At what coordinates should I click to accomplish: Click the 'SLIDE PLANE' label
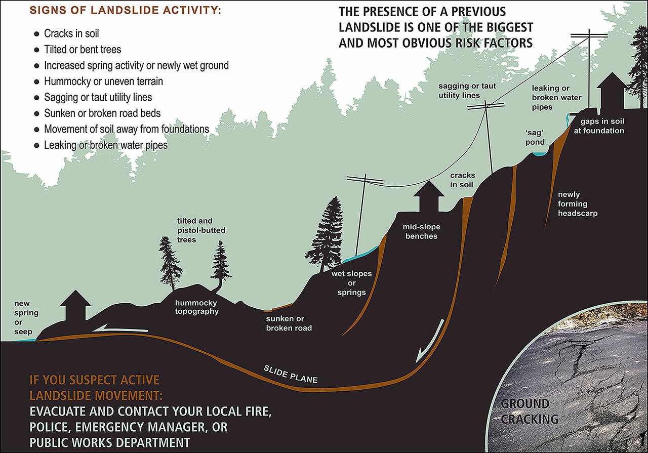[291, 374]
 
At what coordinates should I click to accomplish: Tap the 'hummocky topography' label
[197, 307]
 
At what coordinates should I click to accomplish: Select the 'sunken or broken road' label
[289, 323]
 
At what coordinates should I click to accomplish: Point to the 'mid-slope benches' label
[421, 231]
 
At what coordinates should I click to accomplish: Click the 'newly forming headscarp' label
[578, 204]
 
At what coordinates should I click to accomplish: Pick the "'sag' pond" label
[535, 137]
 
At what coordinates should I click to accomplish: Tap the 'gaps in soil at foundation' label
[602, 126]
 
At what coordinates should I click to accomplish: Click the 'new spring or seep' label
[26, 317]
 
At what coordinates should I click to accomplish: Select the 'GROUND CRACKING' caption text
[530, 411]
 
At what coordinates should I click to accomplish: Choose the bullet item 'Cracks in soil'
[71, 34]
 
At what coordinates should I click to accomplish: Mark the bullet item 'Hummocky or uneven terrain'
[103, 81]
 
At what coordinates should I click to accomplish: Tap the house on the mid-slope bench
[430, 197]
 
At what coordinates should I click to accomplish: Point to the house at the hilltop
[612, 93]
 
